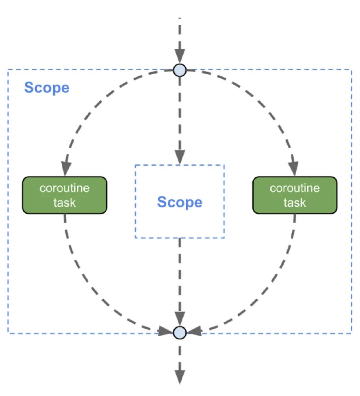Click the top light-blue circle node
[180, 70]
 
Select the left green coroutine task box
[65, 195]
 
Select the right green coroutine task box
[295, 195]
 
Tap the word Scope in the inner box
[180, 202]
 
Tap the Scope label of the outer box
[47, 88]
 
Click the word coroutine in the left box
[65, 188]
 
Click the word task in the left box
[65, 203]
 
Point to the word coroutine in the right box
[295, 188]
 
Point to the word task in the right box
[295, 203]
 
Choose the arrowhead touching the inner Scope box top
[180, 157]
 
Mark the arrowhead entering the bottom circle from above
[180, 319]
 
